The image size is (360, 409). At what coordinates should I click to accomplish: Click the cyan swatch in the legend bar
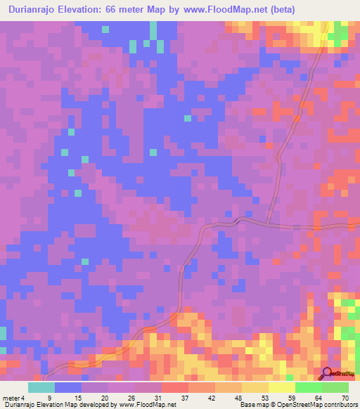(x=41, y=387)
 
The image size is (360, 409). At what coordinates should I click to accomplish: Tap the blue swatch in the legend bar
(x=67, y=387)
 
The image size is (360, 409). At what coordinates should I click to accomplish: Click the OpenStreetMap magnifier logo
(x=327, y=373)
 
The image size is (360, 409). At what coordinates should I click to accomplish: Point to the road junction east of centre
(x=269, y=225)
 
